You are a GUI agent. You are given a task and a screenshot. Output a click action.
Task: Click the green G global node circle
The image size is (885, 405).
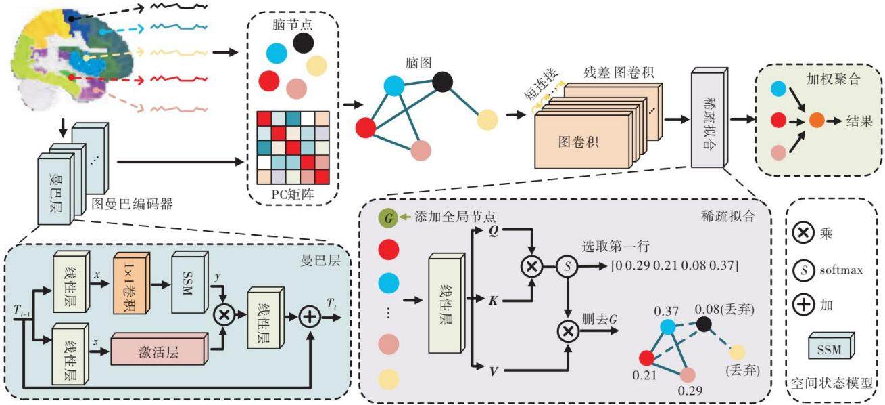388,218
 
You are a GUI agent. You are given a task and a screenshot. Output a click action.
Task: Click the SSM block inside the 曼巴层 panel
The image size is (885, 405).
189,282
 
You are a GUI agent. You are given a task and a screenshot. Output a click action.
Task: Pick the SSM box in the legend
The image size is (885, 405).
831,345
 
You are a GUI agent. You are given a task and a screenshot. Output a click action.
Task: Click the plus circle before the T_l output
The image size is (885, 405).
310,317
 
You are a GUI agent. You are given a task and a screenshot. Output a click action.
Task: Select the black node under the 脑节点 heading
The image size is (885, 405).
304,43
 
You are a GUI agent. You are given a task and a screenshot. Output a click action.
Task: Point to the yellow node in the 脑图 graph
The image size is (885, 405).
487,120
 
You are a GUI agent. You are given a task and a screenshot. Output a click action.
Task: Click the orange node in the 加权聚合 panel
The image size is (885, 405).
817,121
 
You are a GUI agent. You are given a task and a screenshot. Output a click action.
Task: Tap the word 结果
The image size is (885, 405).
859,121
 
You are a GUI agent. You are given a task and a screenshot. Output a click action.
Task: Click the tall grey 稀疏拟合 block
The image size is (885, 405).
709,118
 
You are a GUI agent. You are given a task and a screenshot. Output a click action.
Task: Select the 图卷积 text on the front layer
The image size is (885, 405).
578,142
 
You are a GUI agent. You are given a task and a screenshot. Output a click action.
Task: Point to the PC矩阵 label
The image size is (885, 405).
292,194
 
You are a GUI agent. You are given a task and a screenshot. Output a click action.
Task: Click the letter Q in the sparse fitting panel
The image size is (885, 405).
493,230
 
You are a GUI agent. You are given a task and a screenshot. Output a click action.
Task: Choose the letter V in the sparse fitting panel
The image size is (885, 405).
494,371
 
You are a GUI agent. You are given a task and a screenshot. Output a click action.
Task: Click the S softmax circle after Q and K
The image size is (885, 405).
567,266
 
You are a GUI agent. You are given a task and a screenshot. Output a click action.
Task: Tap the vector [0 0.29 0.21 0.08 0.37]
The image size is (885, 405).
675,265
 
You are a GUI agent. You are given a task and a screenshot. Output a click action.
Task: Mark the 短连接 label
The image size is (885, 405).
541,85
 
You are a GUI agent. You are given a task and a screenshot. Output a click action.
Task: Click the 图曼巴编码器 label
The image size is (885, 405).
132,204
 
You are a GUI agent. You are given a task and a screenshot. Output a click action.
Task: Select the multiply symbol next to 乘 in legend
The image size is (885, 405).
803,232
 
